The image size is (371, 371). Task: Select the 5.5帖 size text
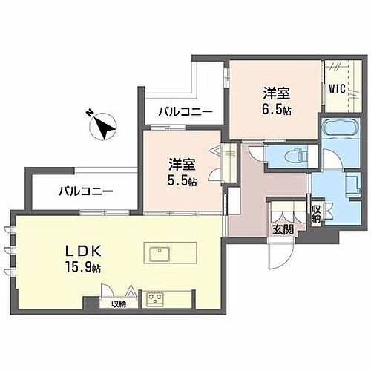pos(181,181)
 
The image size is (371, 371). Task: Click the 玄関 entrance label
pos(283,229)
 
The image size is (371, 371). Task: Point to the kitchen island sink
pos(160,255)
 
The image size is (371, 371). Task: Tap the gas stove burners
pos(157,301)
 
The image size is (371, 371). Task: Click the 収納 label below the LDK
pos(119,303)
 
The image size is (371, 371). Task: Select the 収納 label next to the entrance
pos(316,214)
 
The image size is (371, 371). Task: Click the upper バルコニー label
pos(185,112)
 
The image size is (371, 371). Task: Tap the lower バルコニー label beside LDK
pos(86,191)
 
